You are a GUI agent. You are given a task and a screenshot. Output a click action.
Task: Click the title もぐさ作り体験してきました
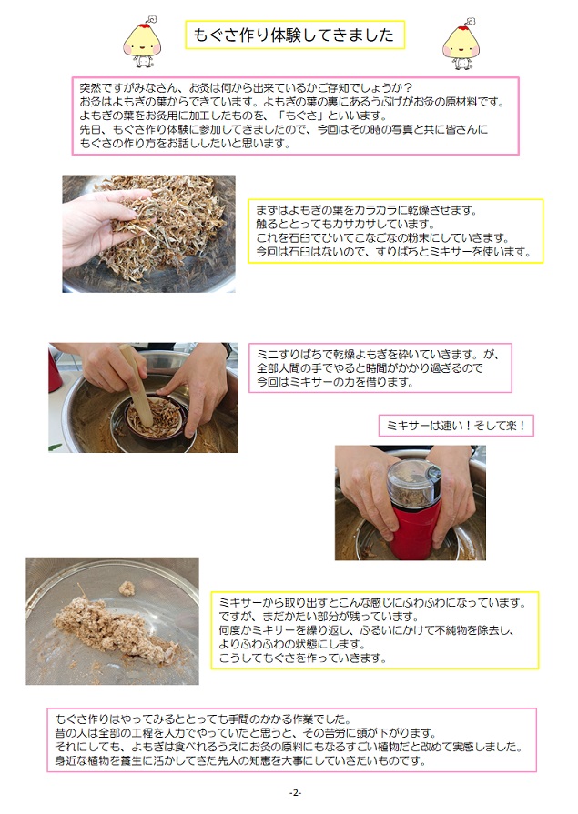pos(294,35)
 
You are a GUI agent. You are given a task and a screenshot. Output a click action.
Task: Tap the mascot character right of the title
pos(461,44)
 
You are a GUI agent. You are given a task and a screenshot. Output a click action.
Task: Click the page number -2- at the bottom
pos(295,793)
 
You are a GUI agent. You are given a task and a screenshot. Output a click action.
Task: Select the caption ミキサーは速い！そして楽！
pos(456,426)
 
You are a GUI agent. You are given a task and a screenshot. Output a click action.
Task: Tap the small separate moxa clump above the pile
pos(127,588)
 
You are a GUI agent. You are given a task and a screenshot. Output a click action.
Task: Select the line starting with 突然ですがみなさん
pos(246,87)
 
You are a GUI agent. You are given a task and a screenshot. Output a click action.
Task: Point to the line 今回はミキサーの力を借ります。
pos(336,382)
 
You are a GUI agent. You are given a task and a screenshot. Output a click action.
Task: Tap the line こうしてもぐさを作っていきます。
pos(303,658)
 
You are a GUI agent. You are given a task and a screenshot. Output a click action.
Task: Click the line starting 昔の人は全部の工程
pos(246,733)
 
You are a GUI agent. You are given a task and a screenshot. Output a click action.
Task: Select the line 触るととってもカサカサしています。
pos(346,225)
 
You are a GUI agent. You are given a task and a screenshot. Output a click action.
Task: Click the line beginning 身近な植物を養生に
pos(240,761)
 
